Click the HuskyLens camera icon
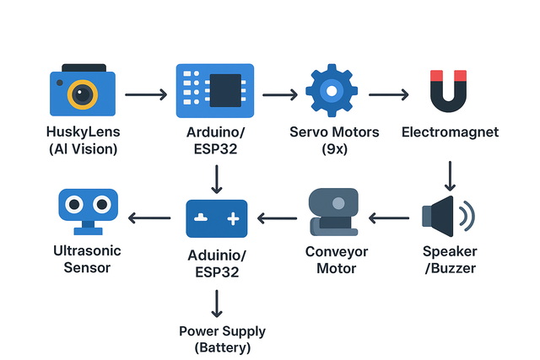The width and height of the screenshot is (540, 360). tap(83, 90)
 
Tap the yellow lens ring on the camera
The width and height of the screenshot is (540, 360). tap(73, 94)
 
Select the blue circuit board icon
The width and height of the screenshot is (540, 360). tap(215, 90)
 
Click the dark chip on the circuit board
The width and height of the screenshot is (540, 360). tap(225, 90)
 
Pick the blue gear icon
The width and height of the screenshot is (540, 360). tap(332, 90)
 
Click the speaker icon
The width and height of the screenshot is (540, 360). tap(448, 216)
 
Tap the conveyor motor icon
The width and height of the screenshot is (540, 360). tap(334, 212)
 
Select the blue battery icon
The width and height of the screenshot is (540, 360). tap(217, 218)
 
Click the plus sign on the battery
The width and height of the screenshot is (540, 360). tap(233, 218)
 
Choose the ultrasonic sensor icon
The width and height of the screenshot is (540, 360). tap(88, 212)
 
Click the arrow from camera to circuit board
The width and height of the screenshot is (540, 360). tap(146, 94)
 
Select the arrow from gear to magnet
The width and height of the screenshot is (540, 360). tap(389, 94)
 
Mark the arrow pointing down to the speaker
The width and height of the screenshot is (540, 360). tap(450, 176)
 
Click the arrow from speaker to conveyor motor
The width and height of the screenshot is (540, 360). tap(389, 218)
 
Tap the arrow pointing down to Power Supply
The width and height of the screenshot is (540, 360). tap(217, 304)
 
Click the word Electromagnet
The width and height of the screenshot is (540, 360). tap(450, 132)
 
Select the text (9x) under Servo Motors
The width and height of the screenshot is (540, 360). tap(334, 148)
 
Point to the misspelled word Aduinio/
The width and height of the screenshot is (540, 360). tap(217, 255)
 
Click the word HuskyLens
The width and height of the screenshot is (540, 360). tap(83, 132)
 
